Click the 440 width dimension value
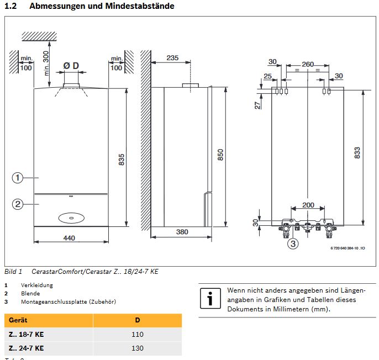pos(69,238)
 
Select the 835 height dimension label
pos(122,158)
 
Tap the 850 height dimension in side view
pos(220,155)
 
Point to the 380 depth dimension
pos(182,232)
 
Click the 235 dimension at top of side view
pos(172,58)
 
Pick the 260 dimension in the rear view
pos(308,65)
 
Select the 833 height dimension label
pos(357,152)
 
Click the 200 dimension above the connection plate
pos(308,205)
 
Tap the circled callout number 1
pos(18,178)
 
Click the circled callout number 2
pos(18,204)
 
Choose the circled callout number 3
pos(293,243)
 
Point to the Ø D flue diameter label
pos(71,66)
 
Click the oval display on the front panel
pos(71,218)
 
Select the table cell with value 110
pos(138,335)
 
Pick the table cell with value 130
pos(138,348)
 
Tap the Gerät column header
pos(18,320)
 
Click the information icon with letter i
pos(210,299)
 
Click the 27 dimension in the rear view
pos(257,104)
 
